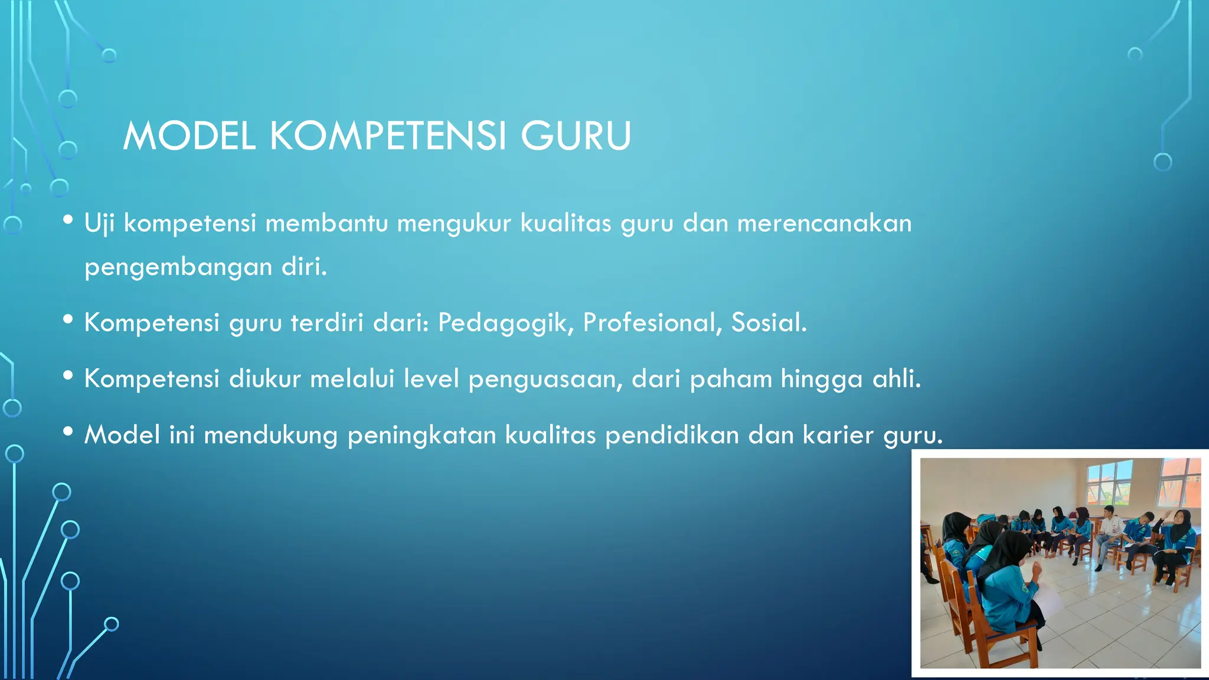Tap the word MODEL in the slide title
(189, 136)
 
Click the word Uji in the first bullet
(99, 224)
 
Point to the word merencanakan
(824, 224)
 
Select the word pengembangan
(178, 267)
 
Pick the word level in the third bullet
(431, 379)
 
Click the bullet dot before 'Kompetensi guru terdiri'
(68, 320)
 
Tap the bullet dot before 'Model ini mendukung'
(68, 432)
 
